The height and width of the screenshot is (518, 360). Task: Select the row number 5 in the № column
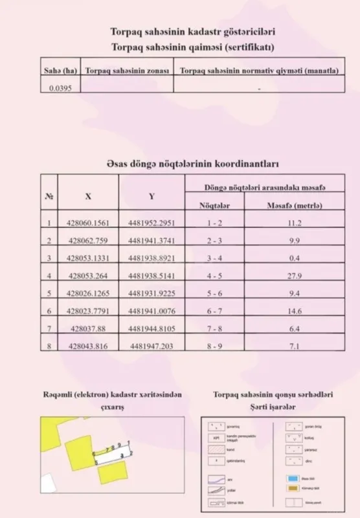49,293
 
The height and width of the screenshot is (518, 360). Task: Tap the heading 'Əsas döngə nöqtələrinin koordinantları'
179,164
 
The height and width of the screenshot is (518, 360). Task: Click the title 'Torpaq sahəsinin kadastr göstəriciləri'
179,32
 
